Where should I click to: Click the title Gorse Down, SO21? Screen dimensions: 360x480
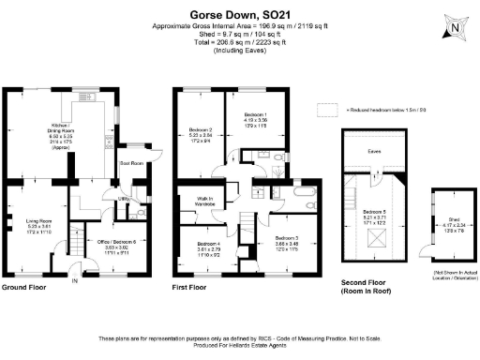click(x=240, y=15)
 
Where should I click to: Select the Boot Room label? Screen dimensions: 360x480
click(x=130, y=162)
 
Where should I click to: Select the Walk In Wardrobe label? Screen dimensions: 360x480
click(x=205, y=201)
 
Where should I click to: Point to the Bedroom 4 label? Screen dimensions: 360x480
click(x=208, y=247)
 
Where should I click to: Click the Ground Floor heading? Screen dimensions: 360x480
click(x=26, y=288)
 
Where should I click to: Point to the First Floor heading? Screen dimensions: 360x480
click(x=190, y=288)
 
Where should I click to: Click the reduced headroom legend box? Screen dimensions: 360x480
click(x=326, y=109)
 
